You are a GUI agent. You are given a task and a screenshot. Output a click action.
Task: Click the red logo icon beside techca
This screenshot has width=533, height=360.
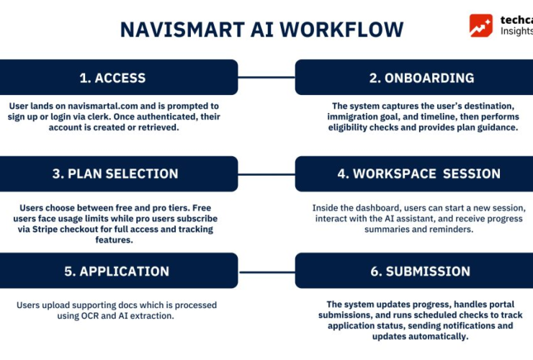[x=481, y=25]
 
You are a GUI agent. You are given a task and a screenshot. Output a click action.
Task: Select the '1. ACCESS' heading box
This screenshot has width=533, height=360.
[x=119, y=78]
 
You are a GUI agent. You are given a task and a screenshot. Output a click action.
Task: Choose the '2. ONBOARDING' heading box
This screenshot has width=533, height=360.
[x=413, y=78]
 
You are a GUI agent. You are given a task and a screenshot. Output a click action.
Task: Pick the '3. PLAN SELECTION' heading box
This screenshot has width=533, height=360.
[x=119, y=174]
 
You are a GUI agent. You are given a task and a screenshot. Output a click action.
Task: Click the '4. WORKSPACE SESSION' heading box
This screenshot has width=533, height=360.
[x=413, y=174]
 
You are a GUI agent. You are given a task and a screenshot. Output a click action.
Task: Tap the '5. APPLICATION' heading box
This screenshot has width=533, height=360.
[x=119, y=271]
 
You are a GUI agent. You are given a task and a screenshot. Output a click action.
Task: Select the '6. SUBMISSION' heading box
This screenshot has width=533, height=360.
[x=413, y=271]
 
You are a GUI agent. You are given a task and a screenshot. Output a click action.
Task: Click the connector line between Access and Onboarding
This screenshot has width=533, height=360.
[x=266, y=78]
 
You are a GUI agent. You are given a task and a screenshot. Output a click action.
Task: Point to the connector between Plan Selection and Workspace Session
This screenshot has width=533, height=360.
[x=266, y=174]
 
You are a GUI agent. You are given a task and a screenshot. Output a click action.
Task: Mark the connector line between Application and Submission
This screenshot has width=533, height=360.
[x=266, y=271]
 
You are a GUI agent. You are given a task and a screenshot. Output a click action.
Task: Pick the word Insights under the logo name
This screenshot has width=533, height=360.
[x=516, y=31]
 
